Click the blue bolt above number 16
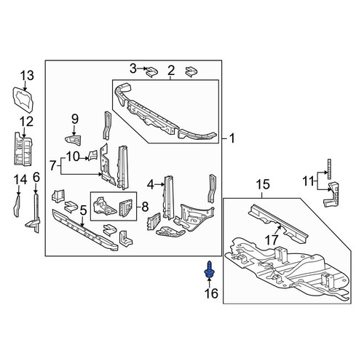[x=208, y=269]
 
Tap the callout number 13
[x=27, y=76]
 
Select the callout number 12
[x=26, y=122]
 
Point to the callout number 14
[x=20, y=180]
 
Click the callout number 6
[x=36, y=178]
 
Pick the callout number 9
[x=75, y=119]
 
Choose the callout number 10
[x=73, y=157]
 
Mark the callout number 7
[x=53, y=166]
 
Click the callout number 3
[x=133, y=68]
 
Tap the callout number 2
[x=171, y=71]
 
